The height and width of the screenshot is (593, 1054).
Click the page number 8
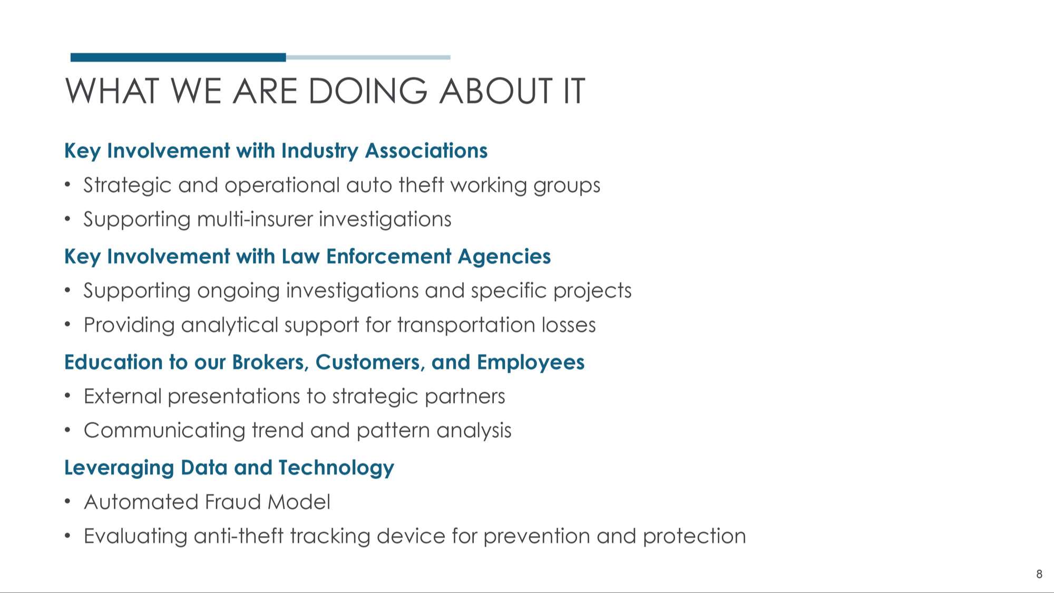pos(1039,574)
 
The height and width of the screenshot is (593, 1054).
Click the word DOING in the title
pos(368,91)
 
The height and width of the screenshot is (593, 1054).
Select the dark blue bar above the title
pos(178,57)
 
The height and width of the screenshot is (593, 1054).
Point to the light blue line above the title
pos(368,57)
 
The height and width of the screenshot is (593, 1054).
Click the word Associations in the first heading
pos(426,151)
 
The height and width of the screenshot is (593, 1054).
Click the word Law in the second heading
pos(300,257)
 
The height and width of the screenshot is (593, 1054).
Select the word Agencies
pos(504,257)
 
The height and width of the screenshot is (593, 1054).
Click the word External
pos(123,396)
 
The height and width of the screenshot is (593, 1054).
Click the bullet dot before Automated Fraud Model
pos(67,502)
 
